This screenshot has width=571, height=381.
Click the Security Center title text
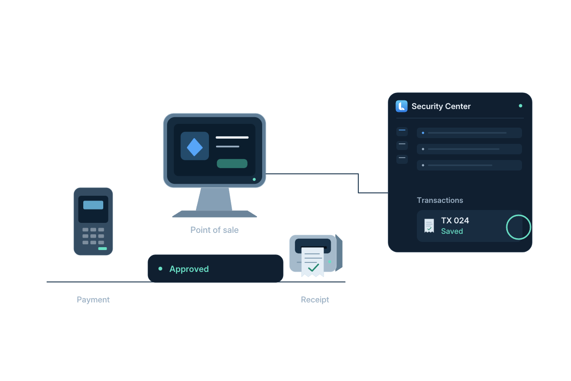[x=441, y=106]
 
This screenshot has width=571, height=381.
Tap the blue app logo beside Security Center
[x=402, y=106]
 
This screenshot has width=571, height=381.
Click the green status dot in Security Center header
[x=521, y=106]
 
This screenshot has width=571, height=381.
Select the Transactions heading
[x=440, y=201]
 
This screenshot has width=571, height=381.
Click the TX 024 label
[x=455, y=221]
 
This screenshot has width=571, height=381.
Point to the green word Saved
[x=452, y=231]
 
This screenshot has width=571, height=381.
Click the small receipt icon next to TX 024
[x=429, y=226]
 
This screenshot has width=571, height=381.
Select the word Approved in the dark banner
[x=189, y=269]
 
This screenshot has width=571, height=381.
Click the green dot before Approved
[x=160, y=269]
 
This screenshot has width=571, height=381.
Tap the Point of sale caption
[x=215, y=230]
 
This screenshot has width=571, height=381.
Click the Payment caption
[x=93, y=300]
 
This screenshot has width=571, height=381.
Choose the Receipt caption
[x=315, y=300]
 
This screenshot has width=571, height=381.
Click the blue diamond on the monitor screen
[x=195, y=147]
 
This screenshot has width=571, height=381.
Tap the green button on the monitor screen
[x=232, y=163]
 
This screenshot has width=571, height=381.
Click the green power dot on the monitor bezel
[x=254, y=180]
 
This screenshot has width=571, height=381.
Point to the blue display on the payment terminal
[x=93, y=205]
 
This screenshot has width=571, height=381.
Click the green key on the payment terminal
[x=102, y=249]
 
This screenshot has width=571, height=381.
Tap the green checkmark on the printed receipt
[x=313, y=268]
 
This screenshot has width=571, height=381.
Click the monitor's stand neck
[x=214, y=199]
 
